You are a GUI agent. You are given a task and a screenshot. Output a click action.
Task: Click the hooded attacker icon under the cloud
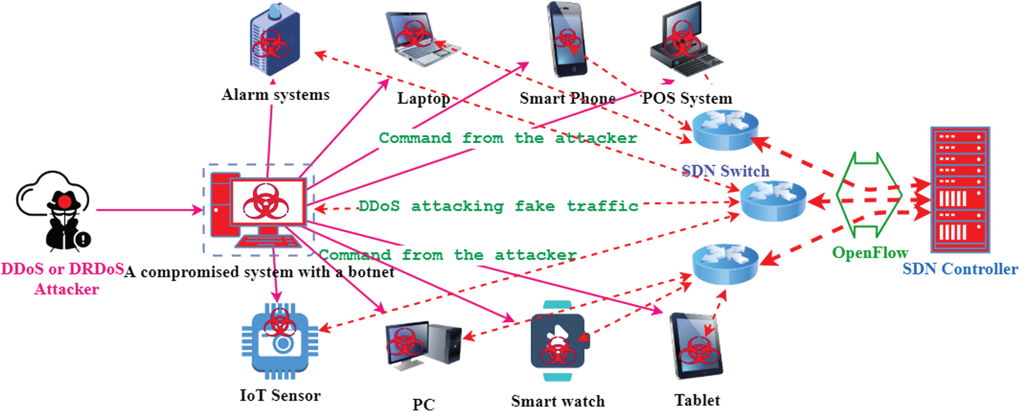(x=64, y=220)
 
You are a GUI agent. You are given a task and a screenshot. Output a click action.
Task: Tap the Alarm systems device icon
(x=275, y=42)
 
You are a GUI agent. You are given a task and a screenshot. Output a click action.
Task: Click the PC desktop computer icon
(x=423, y=346)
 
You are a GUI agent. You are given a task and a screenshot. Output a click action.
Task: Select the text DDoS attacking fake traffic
(x=498, y=206)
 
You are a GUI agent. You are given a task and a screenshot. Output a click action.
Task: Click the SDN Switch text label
(x=726, y=171)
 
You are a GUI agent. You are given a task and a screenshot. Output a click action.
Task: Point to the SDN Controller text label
(x=960, y=268)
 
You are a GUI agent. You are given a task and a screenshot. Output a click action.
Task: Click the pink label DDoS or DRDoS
(x=63, y=268)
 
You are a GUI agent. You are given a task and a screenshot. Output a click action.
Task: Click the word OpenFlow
(x=870, y=252)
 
